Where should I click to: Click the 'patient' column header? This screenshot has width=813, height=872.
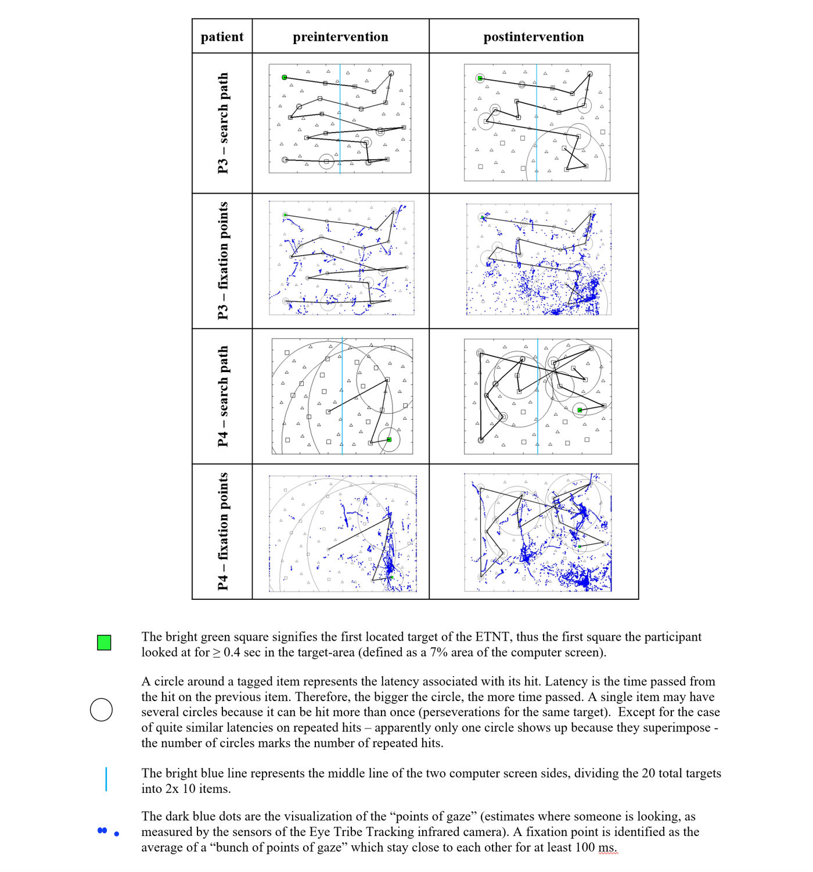pos(222,37)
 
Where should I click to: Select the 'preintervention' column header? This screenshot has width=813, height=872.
pos(340,37)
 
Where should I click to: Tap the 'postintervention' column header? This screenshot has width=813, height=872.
pos(533,37)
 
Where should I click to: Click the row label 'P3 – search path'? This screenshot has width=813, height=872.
pos(222,123)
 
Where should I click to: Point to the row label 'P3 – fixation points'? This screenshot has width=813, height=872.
pos(222,261)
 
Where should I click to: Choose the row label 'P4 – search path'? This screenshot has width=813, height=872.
pos(222,396)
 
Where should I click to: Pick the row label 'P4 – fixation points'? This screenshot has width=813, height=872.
pos(222,531)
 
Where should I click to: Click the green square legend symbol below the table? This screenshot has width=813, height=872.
pos(104,642)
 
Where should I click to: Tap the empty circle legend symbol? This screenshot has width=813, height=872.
pos(102,710)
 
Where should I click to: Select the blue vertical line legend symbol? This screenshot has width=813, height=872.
pos(106,779)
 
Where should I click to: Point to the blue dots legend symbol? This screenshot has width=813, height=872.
pos(107,832)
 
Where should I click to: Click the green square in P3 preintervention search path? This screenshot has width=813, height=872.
pos(285,77)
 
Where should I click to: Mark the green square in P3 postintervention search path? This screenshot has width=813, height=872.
pos(480,78)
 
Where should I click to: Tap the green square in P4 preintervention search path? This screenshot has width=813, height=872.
pos(389,439)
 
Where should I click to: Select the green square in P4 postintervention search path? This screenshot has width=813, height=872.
pos(580,410)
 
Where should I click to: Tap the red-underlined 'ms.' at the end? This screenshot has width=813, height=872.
pos(607,848)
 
